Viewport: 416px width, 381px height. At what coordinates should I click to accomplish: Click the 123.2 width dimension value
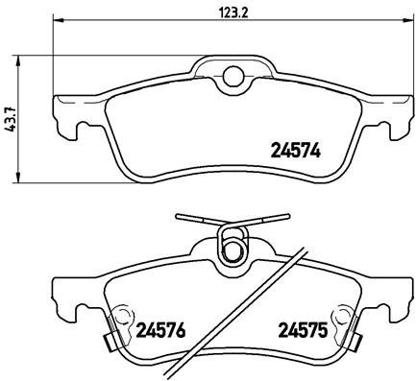point(233,13)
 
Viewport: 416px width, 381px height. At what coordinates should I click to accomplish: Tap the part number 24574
point(296,150)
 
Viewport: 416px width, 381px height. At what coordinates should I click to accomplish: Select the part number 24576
point(160,330)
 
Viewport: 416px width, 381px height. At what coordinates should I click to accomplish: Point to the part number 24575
point(303,330)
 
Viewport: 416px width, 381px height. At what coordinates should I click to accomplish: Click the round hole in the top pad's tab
point(233,76)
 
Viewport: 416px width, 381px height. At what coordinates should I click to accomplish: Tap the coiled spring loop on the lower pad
point(232,244)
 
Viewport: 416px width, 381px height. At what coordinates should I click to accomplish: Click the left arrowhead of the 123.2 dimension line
point(58,20)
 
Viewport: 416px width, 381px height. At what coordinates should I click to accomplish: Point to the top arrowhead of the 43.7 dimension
point(18,61)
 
